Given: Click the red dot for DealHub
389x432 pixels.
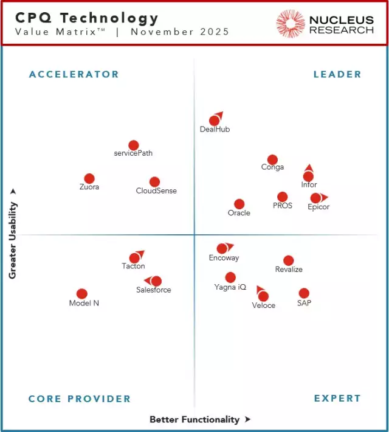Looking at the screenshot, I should tap(214, 120).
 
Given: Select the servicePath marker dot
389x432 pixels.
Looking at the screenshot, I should tap(134, 145).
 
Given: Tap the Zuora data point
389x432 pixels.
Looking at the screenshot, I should tap(89, 178).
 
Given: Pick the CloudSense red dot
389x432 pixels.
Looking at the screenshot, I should tap(154, 182).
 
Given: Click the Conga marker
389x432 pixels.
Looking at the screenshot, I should tap(272, 159).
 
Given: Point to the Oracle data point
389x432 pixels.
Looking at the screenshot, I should tap(239, 204).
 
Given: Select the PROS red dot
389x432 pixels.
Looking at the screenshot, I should tap(282, 197).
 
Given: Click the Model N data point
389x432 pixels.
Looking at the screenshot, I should tap(82, 294).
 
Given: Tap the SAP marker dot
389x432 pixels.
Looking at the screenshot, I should tap(304, 293).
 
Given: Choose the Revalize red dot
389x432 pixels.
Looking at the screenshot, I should tap(289, 260).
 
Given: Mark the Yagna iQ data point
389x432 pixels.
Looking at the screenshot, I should tap(230, 277).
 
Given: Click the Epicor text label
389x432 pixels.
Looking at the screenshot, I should tap(318, 207).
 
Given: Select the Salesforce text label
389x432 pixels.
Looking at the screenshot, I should tap(154, 290).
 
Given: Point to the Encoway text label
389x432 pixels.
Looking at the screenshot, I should tap(224, 258).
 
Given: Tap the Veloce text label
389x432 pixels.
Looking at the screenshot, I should tap(264, 305).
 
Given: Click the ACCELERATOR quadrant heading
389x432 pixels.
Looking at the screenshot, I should tap(74, 74).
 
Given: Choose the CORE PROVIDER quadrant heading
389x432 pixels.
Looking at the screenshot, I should tap(80, 399).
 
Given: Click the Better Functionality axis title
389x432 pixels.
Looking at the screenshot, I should tap(194, 419).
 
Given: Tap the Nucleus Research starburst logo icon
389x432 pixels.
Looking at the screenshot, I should tap(291, 24).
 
